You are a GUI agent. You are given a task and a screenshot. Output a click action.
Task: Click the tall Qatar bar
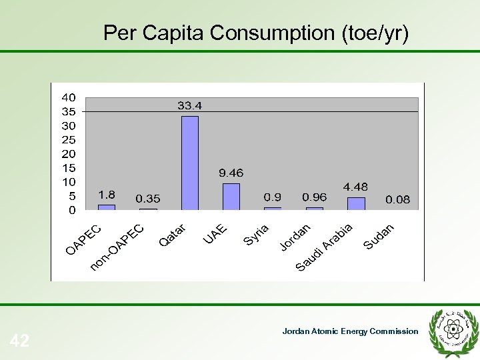[190, 163]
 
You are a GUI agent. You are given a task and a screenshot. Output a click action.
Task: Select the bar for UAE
[231, 197]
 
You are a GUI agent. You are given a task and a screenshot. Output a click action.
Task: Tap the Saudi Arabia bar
[356, 203]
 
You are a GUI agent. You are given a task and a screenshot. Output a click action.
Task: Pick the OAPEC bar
[107, 207]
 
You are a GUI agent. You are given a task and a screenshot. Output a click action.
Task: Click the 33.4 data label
[190, 105]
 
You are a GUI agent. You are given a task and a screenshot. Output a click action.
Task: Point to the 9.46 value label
[231, 173]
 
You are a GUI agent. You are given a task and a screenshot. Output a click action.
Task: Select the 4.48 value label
[355, 187]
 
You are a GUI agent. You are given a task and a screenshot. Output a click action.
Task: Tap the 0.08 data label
[398, 199]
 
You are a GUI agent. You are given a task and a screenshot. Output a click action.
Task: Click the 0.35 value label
[148, 199]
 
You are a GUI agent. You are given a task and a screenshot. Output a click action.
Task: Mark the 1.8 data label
[107, 195]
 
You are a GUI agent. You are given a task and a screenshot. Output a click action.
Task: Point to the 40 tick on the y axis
[69, 97]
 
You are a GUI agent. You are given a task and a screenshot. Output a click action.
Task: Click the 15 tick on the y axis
[69, 167]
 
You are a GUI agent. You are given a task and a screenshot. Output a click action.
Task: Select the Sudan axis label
[379, 237]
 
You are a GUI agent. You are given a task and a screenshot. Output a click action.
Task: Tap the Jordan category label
[294, 237]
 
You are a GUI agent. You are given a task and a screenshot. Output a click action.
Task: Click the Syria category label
[255, 234]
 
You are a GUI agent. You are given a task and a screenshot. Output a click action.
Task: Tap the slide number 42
[20, 341]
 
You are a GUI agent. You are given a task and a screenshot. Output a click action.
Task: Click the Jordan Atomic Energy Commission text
[350, 331]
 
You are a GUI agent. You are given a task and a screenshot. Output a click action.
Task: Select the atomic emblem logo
[455, 329]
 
